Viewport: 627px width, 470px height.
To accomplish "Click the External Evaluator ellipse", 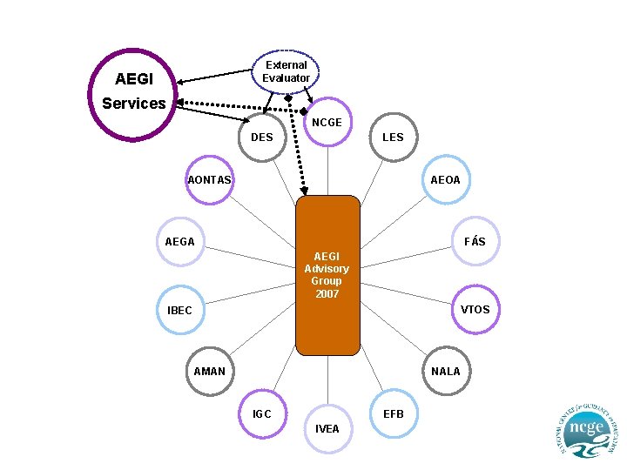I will tap(286, 71).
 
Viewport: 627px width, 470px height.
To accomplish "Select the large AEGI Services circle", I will tap(135, 94).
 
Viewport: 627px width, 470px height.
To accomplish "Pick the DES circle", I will tap(262, 137).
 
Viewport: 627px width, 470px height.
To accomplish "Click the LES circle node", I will tap(393, 137).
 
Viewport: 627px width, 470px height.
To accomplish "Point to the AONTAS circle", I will tap(210, 180).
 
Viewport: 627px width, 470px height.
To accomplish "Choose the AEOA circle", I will tap(445, 180).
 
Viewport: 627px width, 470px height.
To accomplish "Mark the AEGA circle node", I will tap(180, 241).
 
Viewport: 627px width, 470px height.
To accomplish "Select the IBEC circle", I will tap(180, 310).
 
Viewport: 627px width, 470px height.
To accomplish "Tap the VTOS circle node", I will tap(475, 309).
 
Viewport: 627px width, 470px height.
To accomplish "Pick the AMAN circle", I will tap(210, 371).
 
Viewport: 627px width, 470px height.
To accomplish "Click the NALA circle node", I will tap(445, 371).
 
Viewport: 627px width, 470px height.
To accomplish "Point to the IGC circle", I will tap(262, 414).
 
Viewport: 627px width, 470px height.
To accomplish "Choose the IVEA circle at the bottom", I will tap(327, 429).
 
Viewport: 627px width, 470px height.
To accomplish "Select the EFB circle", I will tap(393, 414).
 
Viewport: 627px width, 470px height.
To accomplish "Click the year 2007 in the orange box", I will tap(327, 294).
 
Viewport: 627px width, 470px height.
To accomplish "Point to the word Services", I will tap(133, 104).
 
